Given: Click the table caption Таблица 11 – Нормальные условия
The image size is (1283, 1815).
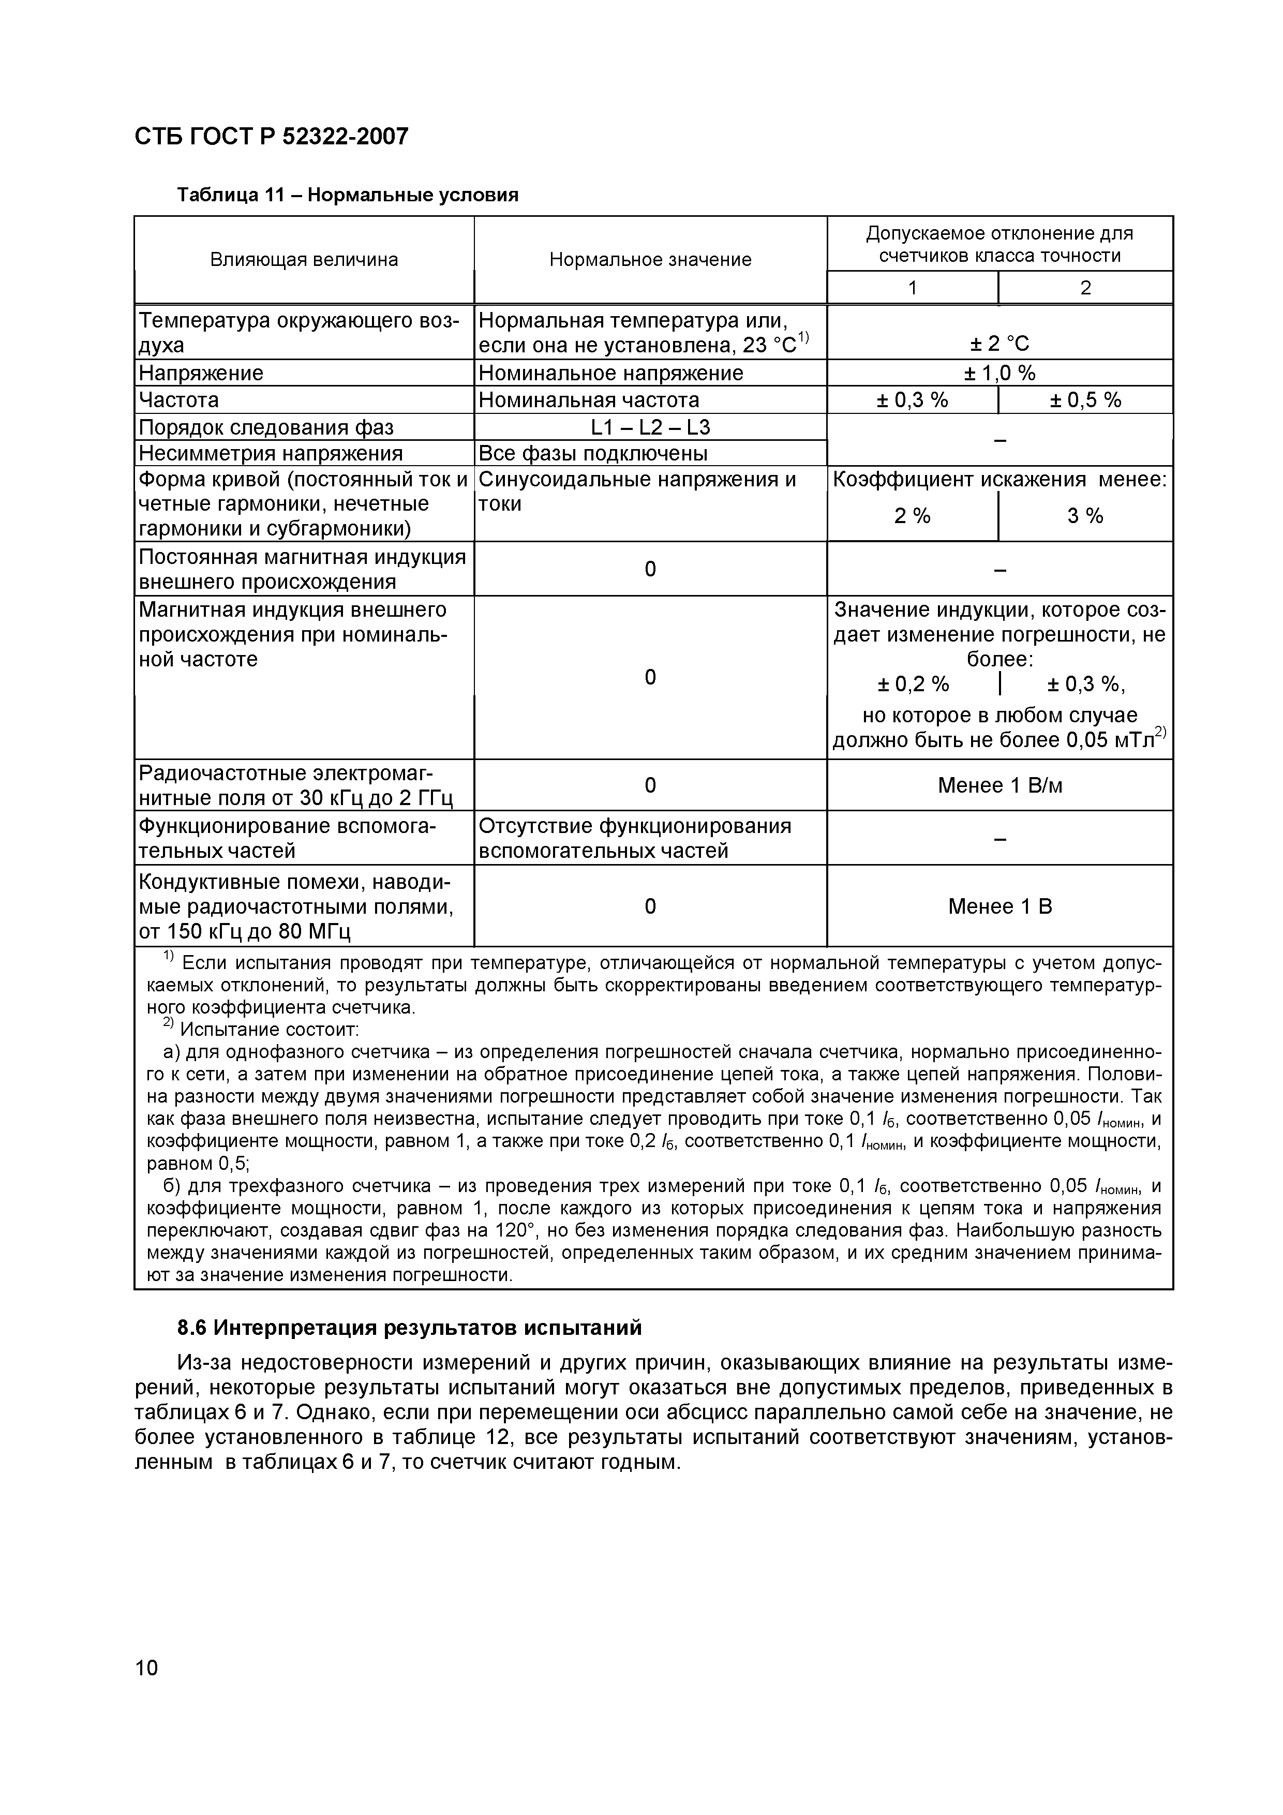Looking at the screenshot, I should (347, 195).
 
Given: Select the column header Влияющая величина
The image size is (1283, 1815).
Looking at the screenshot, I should (304, 259).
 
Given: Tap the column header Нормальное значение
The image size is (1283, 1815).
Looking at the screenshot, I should (650, 259).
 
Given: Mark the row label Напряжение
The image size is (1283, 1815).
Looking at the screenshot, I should (201, 373).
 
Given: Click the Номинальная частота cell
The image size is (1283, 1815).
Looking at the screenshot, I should (589, 400).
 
